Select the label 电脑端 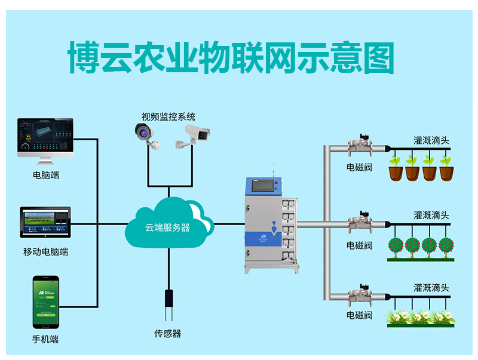[46, 176]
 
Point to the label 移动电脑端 [46, 252]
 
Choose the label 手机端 [46, 339]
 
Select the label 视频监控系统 [168, 116]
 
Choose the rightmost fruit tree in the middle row [446, 245]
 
